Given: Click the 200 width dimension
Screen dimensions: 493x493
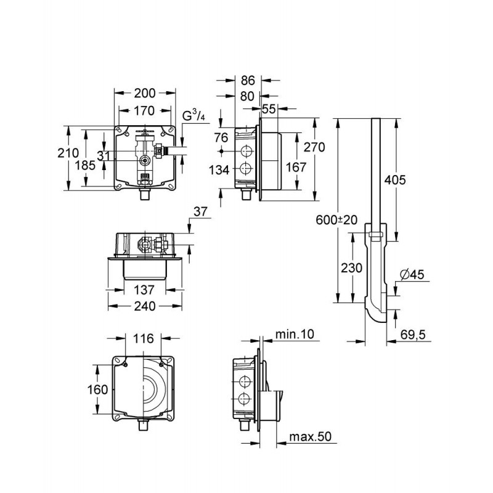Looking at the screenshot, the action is [145, 93].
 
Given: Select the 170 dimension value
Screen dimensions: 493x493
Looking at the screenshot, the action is [144, 111].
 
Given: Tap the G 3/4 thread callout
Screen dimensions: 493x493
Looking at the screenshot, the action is [194, 116].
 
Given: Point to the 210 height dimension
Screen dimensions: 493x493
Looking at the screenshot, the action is [68, 153].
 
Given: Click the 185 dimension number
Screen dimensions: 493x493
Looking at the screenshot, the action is [85, 165].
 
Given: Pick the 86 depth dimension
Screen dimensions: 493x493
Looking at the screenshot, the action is [248, 81].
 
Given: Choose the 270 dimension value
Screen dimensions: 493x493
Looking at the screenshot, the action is [314, 147].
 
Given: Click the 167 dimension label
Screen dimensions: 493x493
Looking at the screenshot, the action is [296, 167].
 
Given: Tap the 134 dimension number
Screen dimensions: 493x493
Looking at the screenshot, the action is [219, 170].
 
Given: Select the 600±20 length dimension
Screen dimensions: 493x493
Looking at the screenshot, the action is [336, 220].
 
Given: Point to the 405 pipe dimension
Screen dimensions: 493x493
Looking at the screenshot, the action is [395, 180].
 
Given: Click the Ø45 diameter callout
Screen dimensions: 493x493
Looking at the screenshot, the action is [412, 275].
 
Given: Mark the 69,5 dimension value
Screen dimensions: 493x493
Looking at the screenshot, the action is [413, 335].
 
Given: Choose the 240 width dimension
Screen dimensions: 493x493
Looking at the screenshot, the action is [145, 306].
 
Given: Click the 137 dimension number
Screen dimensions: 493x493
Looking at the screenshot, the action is [144, 290].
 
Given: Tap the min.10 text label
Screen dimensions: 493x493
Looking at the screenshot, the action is [295, 334].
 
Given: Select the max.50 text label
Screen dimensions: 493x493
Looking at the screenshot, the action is [311, 437].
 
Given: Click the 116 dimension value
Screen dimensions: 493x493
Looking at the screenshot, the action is [144, 338].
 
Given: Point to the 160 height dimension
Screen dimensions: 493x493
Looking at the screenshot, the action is [97, 390].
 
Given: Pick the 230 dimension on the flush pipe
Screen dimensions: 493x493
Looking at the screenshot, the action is [352, 268].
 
